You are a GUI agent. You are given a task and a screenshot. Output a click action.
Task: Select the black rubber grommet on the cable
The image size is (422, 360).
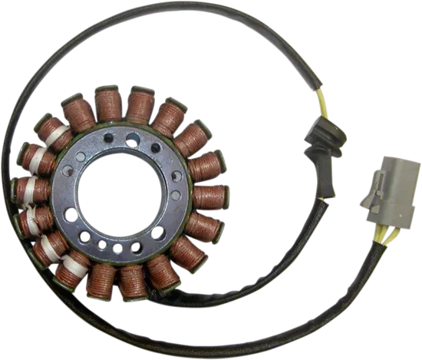pyautogui.click(x=325, y=147)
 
